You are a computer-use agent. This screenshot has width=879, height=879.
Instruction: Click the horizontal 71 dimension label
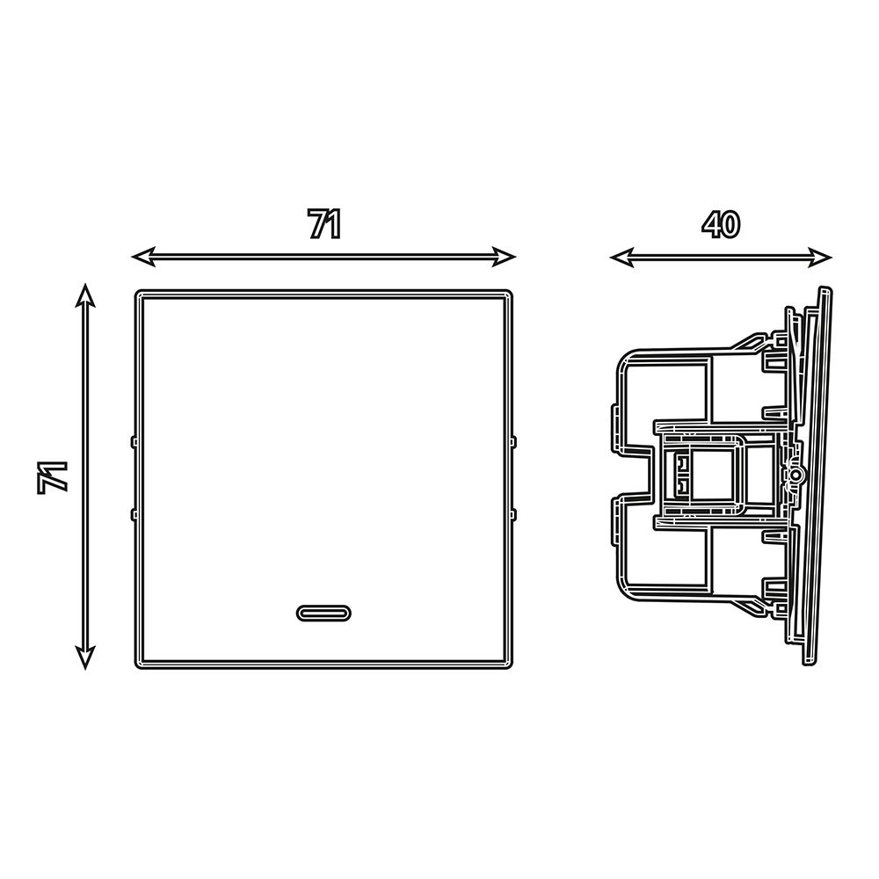coord(324,224)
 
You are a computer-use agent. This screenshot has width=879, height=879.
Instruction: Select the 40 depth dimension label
coord(721,224)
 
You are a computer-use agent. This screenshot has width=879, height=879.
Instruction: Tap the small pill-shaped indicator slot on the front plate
coord(323,614)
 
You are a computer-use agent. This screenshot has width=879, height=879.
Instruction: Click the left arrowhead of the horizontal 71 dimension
coord(143,257)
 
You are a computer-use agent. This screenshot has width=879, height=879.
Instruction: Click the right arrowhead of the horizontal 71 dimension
coord(504,257)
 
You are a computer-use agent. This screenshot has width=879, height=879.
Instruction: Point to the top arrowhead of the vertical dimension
coord(84,295)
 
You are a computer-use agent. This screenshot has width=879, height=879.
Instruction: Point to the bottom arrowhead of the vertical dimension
coord(84,657)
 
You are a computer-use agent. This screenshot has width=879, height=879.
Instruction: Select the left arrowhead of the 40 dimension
coord(621,258)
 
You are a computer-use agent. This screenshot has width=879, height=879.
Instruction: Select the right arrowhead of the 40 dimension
coord(820,258)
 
